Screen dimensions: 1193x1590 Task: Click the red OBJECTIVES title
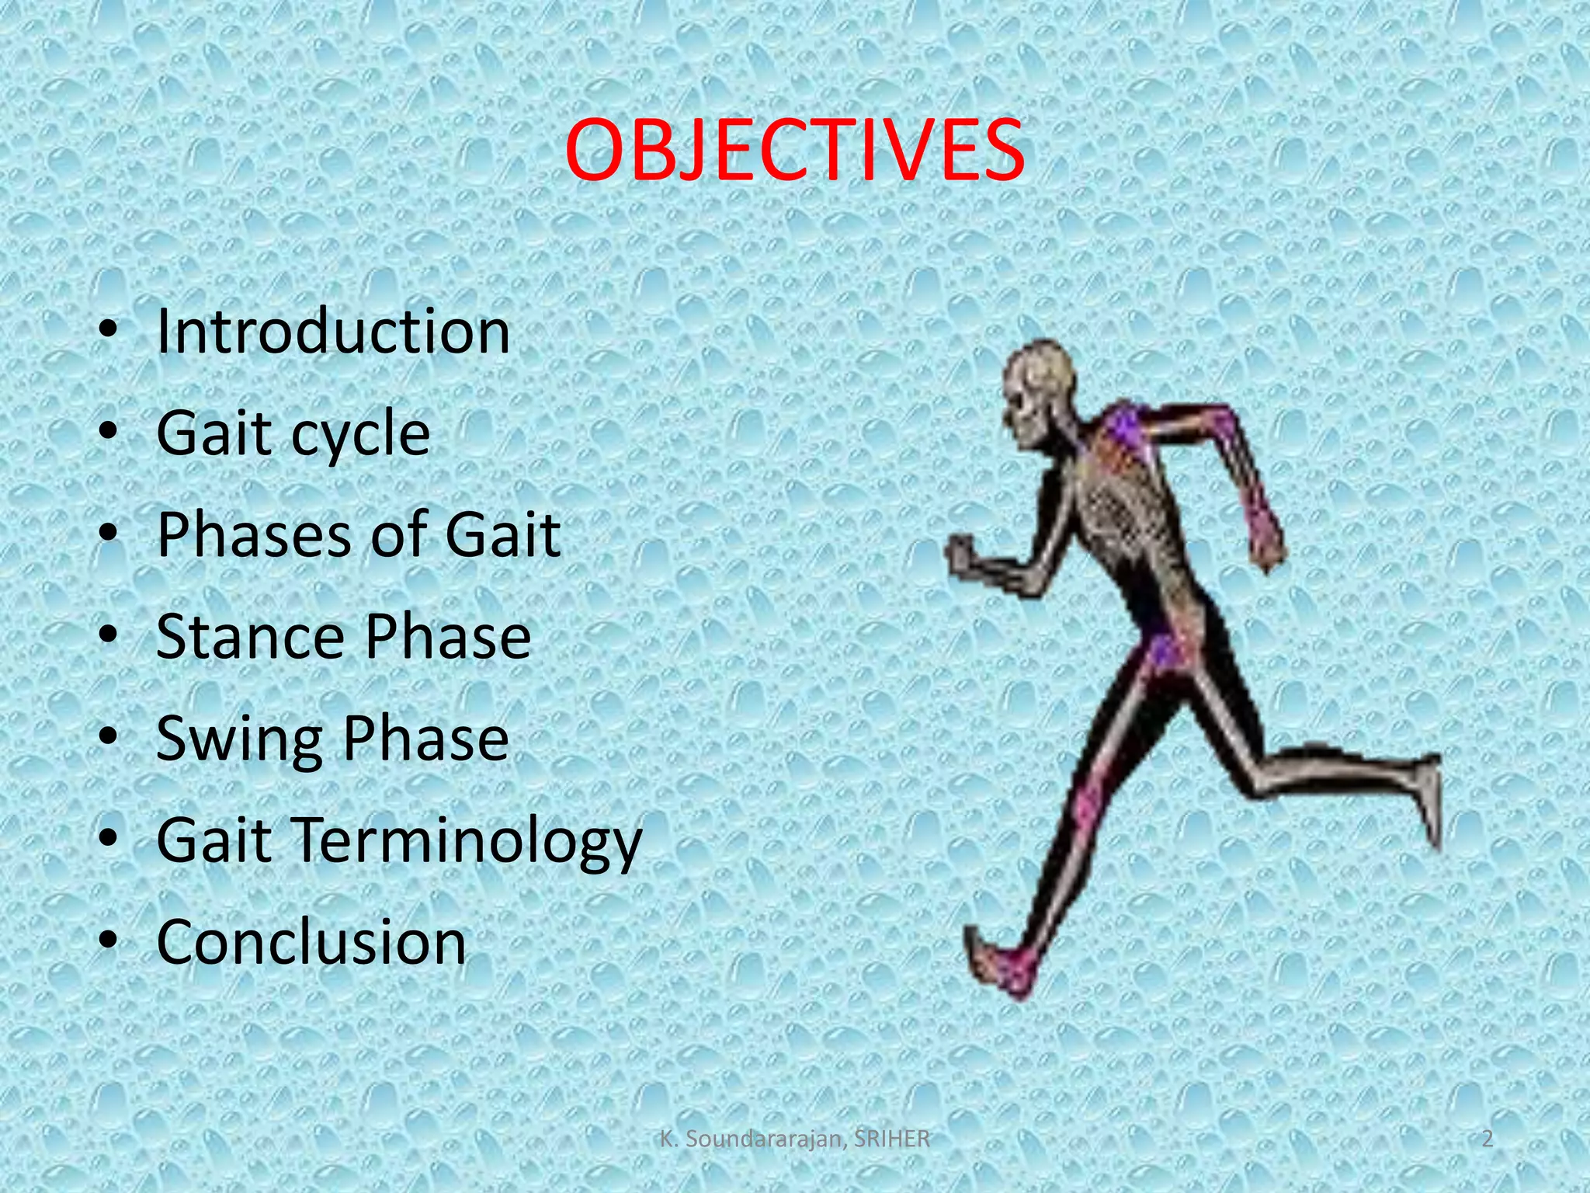click(x=794, y=150)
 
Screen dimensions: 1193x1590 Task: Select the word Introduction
click(x=333, y=332)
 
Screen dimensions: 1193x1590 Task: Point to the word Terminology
click(x=464, y=841)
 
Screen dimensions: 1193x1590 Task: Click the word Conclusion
click(x=311, y=942)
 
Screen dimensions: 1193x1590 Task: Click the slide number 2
click(x=1488, y=1139)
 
